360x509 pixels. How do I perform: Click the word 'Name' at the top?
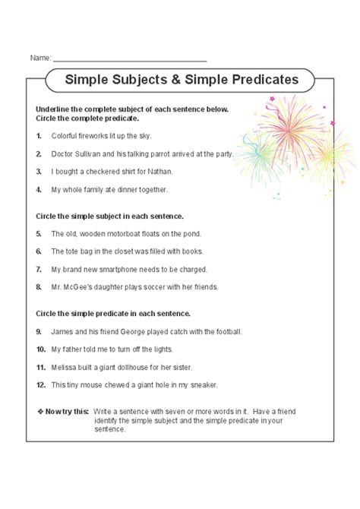tap(40, 58)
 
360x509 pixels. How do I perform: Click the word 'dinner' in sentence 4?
tap(124, 190)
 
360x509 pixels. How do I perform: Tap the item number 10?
tap(39, 349)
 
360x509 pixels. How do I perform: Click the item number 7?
tap(38, 269)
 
